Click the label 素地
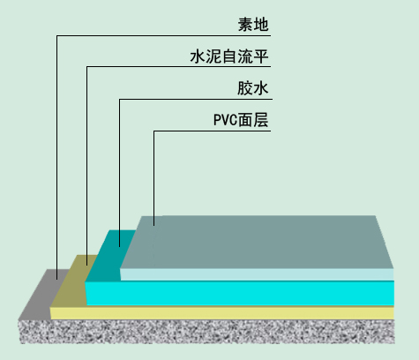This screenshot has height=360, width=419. [253, 25]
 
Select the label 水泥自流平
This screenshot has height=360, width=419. [229, 56]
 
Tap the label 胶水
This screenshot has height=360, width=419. [253, 88]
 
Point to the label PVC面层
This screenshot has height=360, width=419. [241, 120]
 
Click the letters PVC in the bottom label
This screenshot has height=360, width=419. [225, 120]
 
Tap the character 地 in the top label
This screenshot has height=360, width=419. [261, 25]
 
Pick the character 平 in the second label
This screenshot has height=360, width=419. [261, 56]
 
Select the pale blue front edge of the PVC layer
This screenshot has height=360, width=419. [257, 274]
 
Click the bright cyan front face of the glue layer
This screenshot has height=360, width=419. [240, 293]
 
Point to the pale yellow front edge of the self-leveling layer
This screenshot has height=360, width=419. [222, 313]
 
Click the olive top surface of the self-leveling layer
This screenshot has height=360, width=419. [73, 281]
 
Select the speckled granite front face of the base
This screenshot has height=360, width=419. [207, 332]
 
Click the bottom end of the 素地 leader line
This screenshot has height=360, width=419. [57, 279]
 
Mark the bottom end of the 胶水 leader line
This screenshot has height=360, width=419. [119, 246]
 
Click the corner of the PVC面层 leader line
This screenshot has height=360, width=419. [153, 131]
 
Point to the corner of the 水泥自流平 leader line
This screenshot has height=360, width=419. [86, 67]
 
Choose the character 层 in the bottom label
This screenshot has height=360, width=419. [261, 120]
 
